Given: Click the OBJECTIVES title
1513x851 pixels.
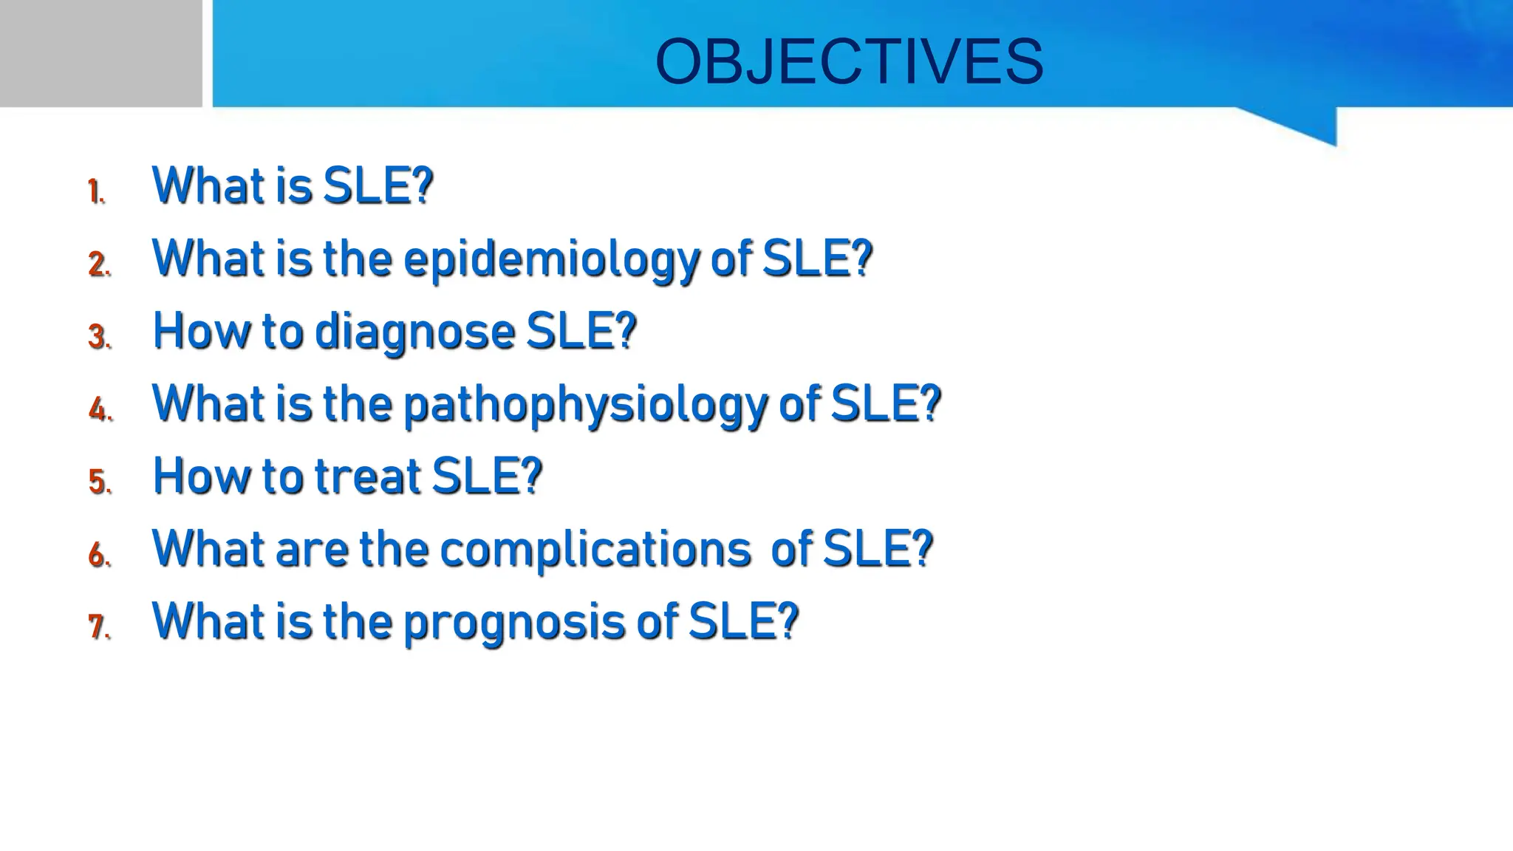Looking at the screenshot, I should [849, 61].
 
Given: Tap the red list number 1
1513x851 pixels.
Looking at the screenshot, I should [95, 191].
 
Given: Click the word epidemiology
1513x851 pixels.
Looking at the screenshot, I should [550, 260].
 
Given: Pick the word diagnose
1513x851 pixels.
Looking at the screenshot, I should [414, 332].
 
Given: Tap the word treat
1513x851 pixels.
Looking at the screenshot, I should [368, 476].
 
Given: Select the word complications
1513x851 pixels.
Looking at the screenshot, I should [595, 550].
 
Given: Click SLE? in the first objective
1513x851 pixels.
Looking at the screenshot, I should [378, 185].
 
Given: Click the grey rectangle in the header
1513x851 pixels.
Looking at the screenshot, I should [100, 53].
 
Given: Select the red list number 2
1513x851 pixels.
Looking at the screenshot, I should [98, 264].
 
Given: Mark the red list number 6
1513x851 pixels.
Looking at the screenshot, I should [98, 555].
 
